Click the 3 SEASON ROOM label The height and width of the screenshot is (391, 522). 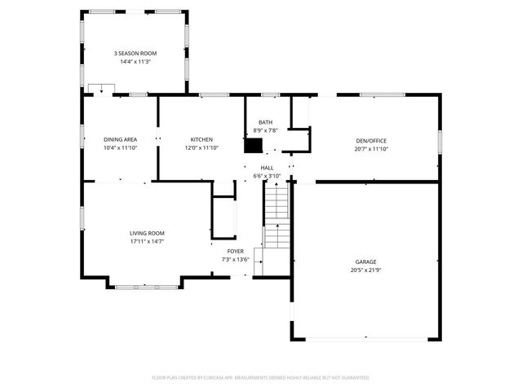(135, 53)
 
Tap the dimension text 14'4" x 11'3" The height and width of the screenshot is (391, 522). (135, 61)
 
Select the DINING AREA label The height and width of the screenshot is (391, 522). (120, 139)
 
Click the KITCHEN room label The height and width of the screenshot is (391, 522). (201, 139)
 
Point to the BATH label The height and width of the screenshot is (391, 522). (266, 122)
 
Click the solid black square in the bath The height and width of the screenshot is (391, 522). (254, 145)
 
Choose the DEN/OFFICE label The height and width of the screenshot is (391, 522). (370, 140)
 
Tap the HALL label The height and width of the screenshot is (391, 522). (267, 167)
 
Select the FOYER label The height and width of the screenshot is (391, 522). (235, 251)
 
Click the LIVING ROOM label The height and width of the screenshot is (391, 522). (147, 233)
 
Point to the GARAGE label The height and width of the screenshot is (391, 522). (365, 261)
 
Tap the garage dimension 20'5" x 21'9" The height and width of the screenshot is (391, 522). (365, 270)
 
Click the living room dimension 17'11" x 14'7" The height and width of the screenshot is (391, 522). (147, 241)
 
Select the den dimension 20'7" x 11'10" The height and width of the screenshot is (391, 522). (370, 148)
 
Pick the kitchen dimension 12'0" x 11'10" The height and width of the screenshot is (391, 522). (201, 147)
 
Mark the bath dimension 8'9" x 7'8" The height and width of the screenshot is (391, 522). (266, 130)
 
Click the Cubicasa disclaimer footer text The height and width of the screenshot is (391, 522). (261, 377)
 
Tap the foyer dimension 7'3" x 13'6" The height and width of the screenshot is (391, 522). (235, 259)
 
